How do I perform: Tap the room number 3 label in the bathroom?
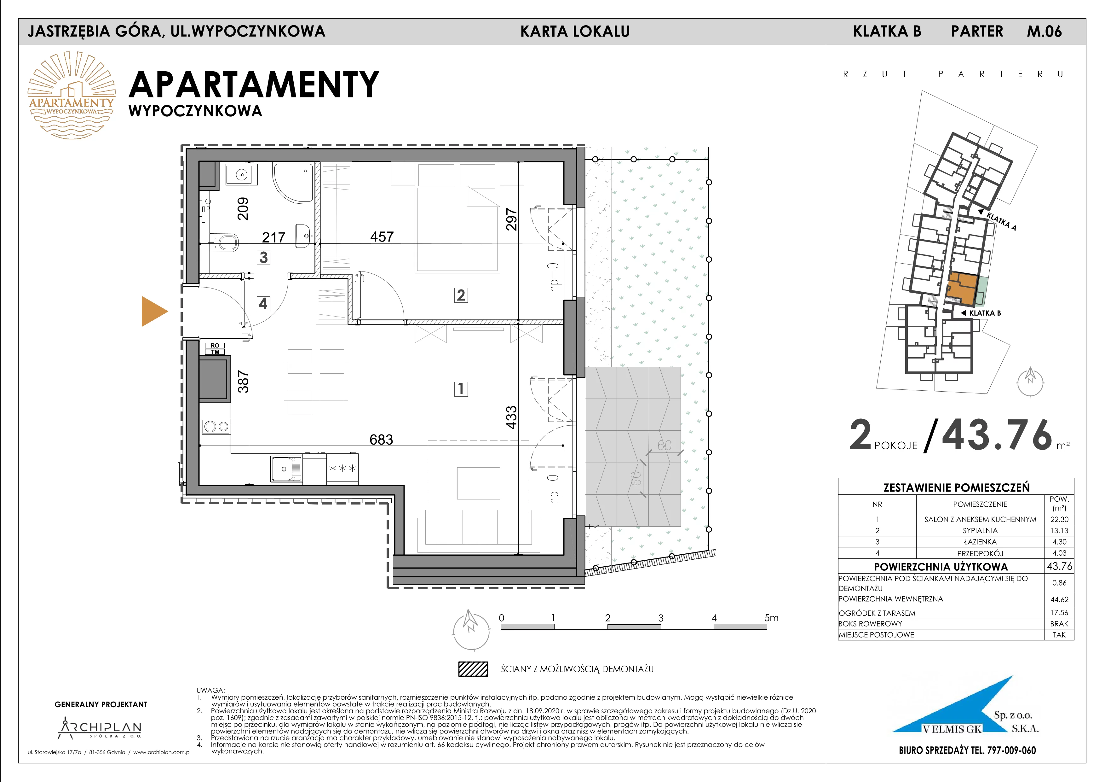click(x=263, y=257)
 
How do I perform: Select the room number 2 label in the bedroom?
click(x=461, y=295)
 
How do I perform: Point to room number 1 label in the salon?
click(x=461, y=388)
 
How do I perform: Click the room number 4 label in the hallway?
click(x=263, y=303)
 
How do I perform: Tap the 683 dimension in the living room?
click(x=381, y=439)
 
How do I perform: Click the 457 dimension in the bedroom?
click(x=382, y=236)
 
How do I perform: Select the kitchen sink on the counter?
click(x=286, y=469)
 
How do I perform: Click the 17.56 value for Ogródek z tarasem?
click(x=1059, y=612)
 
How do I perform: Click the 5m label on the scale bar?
click(x=771, y=618)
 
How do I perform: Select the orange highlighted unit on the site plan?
click(x=962, y=289)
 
